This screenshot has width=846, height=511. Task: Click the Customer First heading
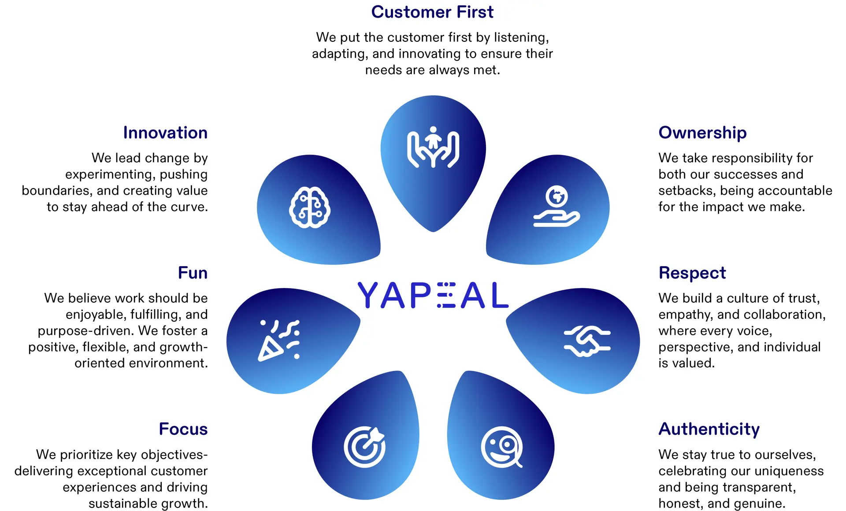[x=432, y=12]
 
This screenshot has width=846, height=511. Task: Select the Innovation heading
[x=165, y=133]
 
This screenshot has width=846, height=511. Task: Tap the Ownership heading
[x=702, y=133]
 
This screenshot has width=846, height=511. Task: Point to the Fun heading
[x=193, y=273]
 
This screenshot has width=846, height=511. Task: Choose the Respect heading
[x=692, y=273]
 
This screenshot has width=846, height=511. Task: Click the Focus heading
[x=183, y=429]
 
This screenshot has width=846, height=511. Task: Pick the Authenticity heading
[x=709, y=430]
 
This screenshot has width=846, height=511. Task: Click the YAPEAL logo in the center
[x=433, y=295]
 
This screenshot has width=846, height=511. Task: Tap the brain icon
[x=310, y=207]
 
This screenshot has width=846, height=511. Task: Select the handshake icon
[x=587, y=341]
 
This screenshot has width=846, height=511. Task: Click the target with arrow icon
[x=365, y=447]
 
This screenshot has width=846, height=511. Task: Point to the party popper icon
[x=279, y=341]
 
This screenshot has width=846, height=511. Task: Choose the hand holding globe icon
[x=557, y=206]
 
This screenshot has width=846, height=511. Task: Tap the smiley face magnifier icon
[x=502, y=447]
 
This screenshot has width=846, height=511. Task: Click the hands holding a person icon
[x=433, y=147]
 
